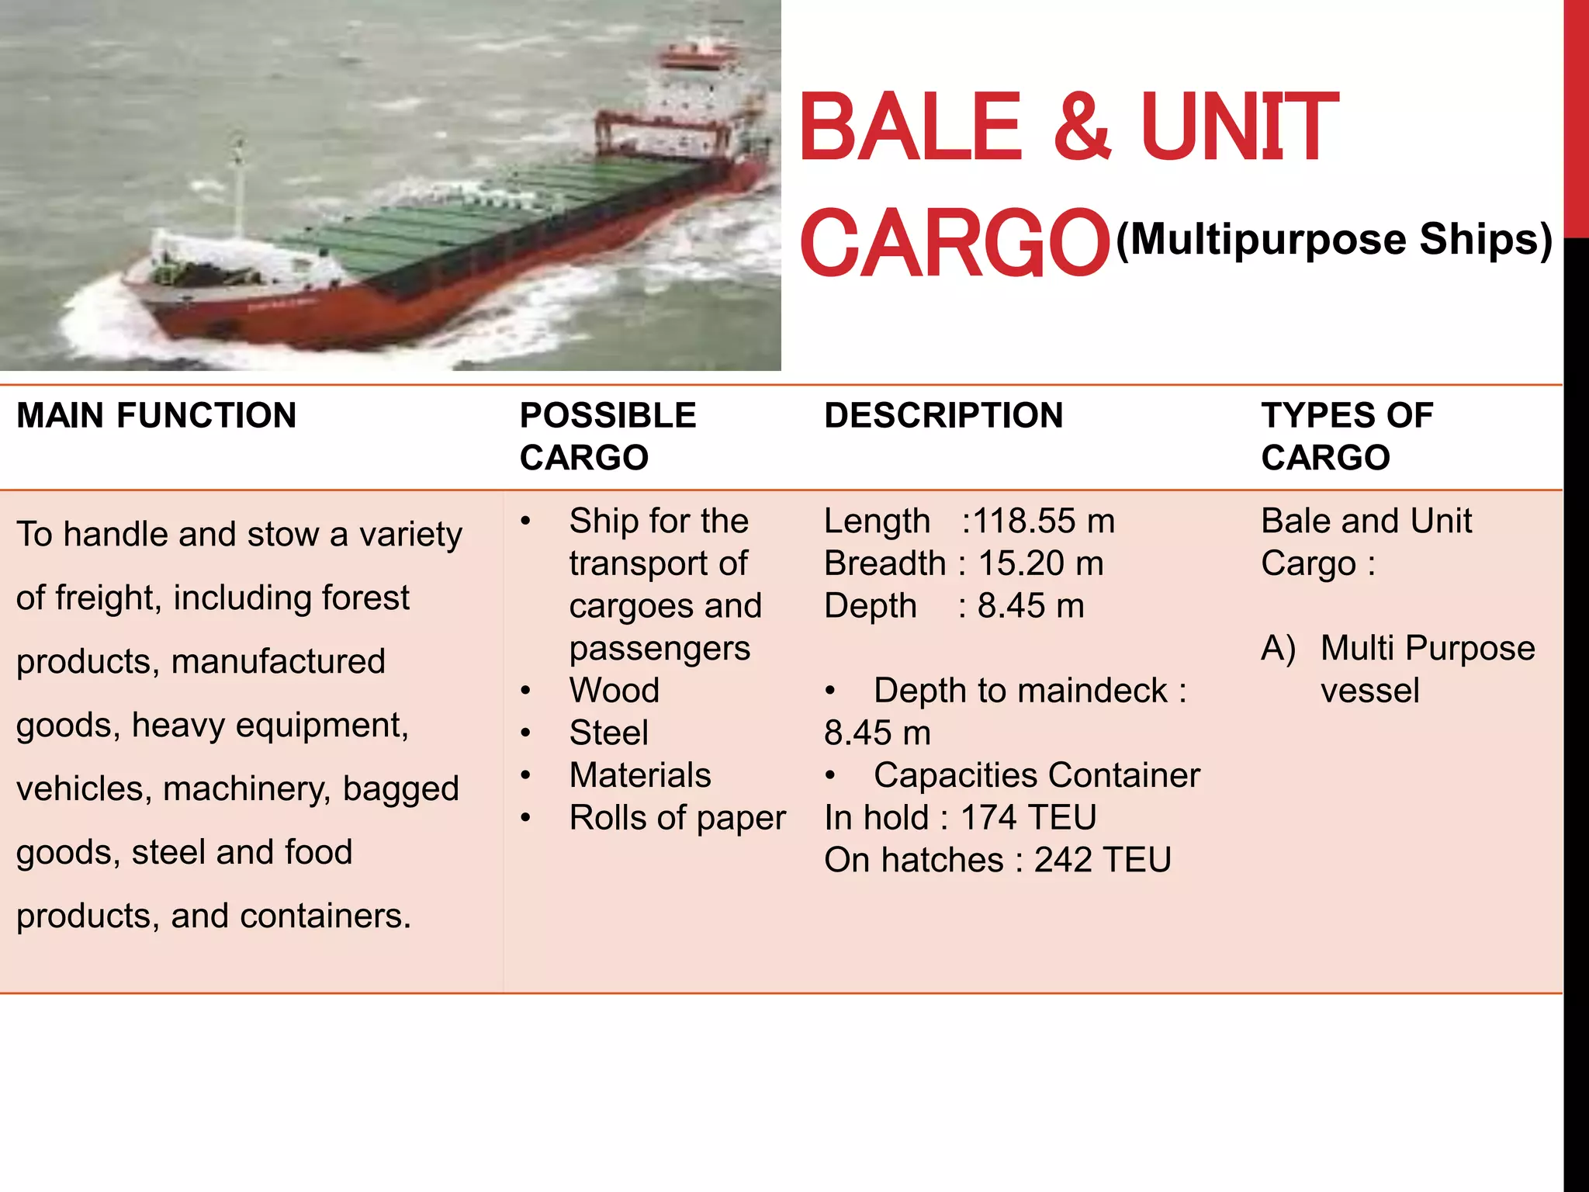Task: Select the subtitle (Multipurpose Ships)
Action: click(x=1334, y=239)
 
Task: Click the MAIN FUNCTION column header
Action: click(x=156, y=416)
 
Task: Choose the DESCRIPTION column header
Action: click(x=943, y=416)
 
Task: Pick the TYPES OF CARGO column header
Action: click(x=1346, y=436)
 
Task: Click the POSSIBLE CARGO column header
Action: click(x=608, y=436)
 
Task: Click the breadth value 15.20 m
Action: click(x=1040, y=564)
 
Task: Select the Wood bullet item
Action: click(x=614, y=691)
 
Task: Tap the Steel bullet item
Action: click(x=608, y=733)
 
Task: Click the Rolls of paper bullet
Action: click(x=677, y=818)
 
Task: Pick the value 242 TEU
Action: click(x=1102, y=861)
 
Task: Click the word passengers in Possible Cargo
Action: click(x=659, y=649)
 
